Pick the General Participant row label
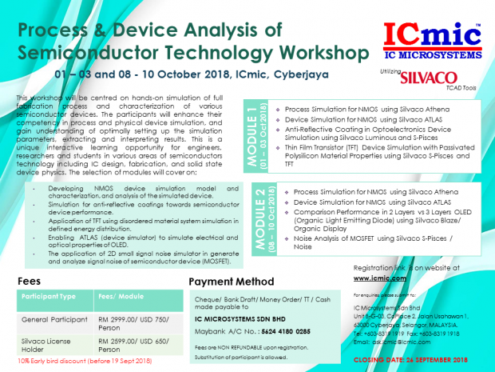point(49,318)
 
